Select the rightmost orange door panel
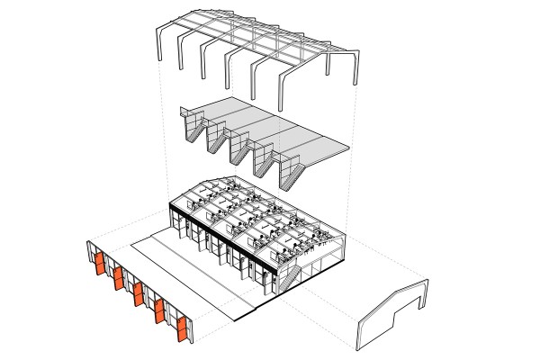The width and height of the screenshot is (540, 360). click(183, 330)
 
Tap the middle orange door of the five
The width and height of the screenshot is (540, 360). click(139, 295)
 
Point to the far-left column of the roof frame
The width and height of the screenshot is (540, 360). click(162, 46)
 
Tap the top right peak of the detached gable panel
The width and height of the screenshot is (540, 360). click(419, 280)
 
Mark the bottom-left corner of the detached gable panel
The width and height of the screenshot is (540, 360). click(362, 346)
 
